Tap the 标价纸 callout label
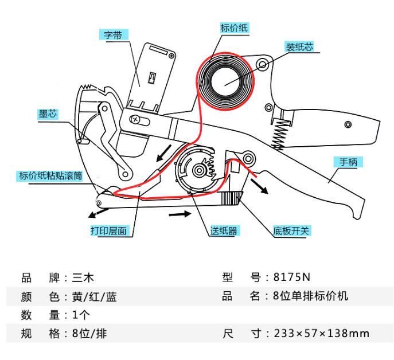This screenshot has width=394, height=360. tap(234, 27)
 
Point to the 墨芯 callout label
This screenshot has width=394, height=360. tap(48, 114)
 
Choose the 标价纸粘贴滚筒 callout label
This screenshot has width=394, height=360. tap(48, 176)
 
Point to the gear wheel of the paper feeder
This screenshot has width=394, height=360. tap(198, 170)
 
